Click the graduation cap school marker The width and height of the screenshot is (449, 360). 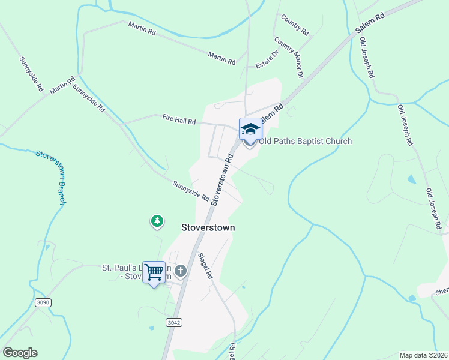[x=250, y=128]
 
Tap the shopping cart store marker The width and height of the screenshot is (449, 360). [x=154, y=272]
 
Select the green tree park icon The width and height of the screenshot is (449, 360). [x=157, y=221]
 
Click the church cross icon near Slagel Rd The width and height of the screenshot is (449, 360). [x=181, y=272]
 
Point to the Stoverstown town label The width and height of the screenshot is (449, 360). [x=208, y=228]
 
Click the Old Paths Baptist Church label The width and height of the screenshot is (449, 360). [x=305, y=142]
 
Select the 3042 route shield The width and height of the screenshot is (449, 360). [x=174, y=322]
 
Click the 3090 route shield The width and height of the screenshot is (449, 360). [x=43, y=302]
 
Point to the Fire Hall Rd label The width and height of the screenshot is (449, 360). [x=179, y=121]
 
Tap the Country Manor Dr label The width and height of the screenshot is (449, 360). [x=289, y=58]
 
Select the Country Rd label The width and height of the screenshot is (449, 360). [x=294, y=24]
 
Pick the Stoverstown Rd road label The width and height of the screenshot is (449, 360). [x=221, y=178]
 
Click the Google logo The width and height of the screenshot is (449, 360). [x=20, y=353]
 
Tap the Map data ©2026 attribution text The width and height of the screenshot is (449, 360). [x=424, y=355]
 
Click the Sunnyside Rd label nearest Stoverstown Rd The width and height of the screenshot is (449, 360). [x=190, y=191]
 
